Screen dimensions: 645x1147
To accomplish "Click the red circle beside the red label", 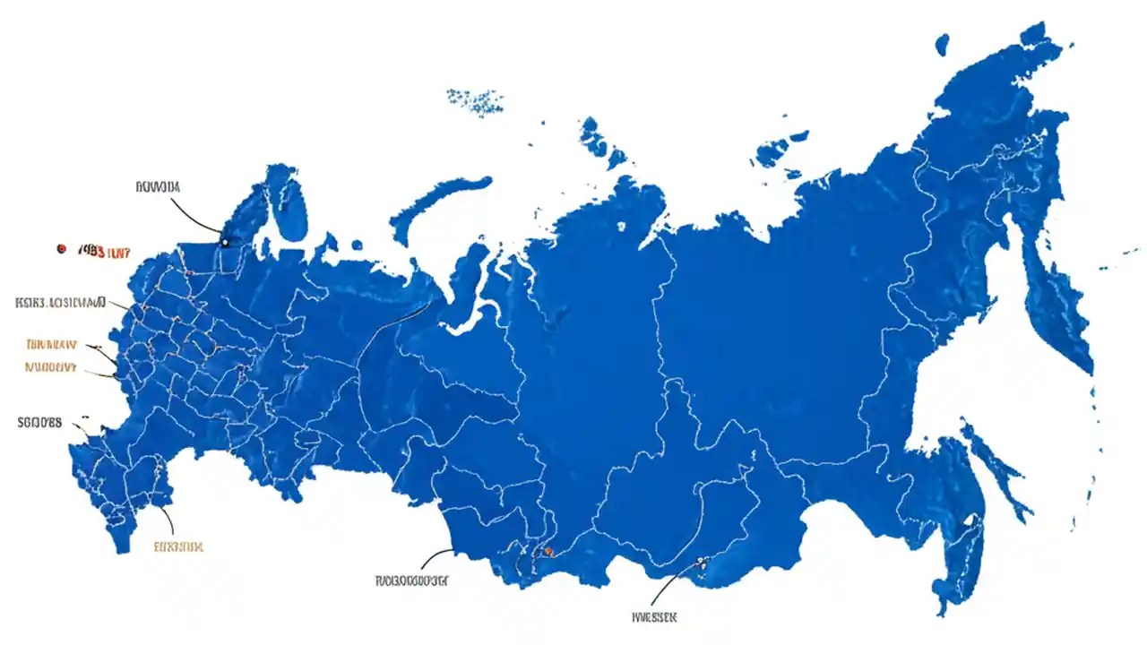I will pos(61,247).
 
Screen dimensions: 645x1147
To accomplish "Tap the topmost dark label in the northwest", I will pos(158,187).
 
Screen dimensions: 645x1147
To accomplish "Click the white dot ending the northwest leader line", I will pos(224,242).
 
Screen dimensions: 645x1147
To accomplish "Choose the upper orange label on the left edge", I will pos(51,344).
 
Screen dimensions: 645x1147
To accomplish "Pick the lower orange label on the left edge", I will pos(50,366).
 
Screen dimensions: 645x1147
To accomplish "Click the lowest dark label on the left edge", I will pos(40,423).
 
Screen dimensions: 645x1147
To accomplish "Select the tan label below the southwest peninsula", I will pos(178,546).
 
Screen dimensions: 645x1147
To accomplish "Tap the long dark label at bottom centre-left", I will pos(411,580).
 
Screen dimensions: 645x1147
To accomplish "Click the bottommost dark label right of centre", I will pos(654,616).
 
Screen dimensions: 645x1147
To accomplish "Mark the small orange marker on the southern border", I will pos(548,552).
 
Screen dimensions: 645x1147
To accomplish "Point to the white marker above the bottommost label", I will pos(701,562).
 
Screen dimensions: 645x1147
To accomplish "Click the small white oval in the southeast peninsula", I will pos(969,519).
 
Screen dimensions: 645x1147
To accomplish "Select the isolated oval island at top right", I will pos(942,43).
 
